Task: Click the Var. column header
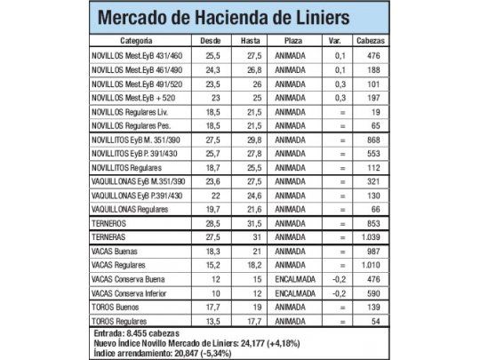pyautogui.click(x=336, y=42)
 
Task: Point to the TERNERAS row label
pyautogui.click(x=111, y=238)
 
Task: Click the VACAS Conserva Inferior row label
pyautogui.click(x=132, y=292)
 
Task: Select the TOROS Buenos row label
pyautogui.click(x=118, y=306)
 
